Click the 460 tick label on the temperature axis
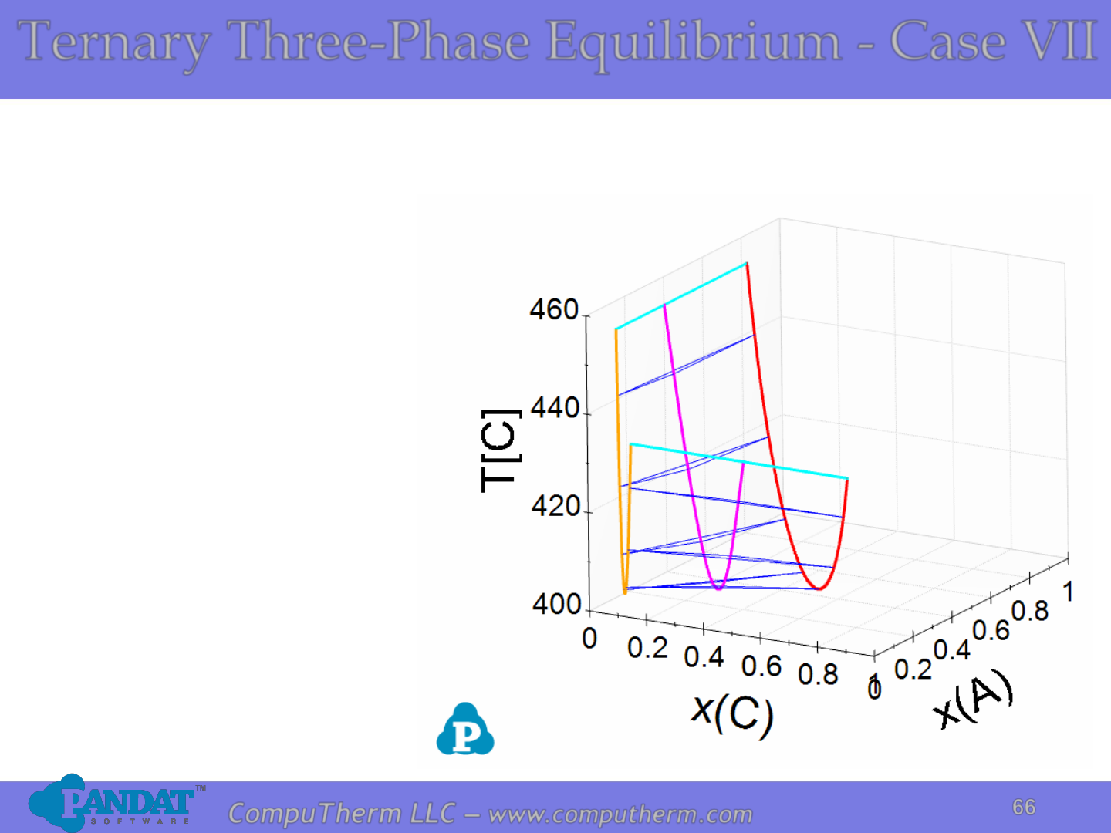(554, 309)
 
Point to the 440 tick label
(555, 408)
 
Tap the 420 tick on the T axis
(555, 506)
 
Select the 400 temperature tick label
(557, 605)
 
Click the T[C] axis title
(501, 450)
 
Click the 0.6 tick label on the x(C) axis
(761, 666)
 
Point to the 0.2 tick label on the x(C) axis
(647, 648)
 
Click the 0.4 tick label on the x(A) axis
(952, 650)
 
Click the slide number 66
(1024, 808)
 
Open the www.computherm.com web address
(620, 814)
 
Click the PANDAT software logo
(116, 803)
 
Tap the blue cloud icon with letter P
(465, 729)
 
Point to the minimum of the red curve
(820, 588)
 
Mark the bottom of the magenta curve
(719, 588)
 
